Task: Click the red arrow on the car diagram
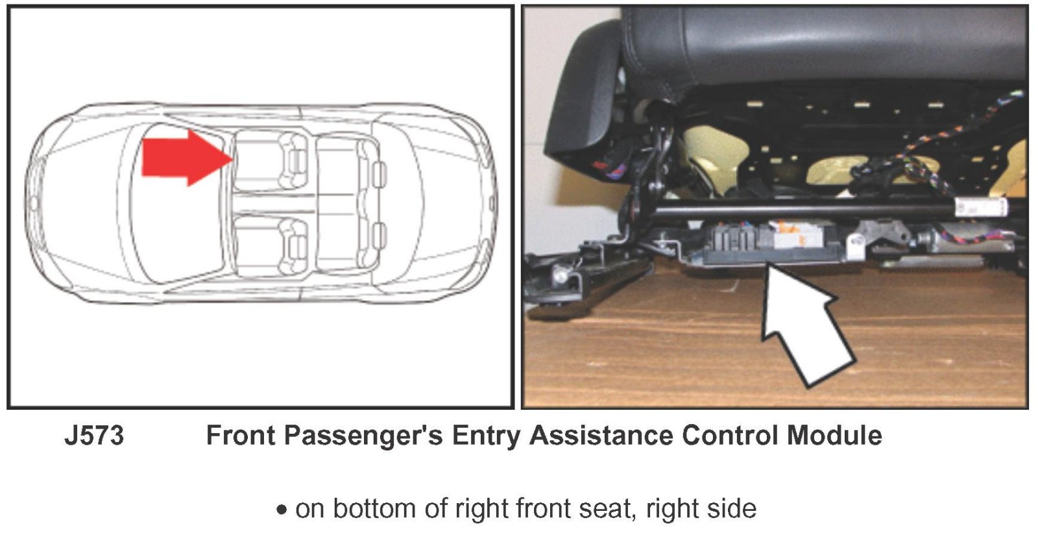(186, 158)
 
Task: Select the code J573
(95, 436)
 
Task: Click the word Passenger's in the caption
(363, 436)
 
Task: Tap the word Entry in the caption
(486, 436)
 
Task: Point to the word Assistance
(601, 436)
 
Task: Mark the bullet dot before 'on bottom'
(282, 510)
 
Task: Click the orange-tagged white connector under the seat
(788, 236)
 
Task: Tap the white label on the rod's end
(980, 207)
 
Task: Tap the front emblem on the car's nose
(34, 202)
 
